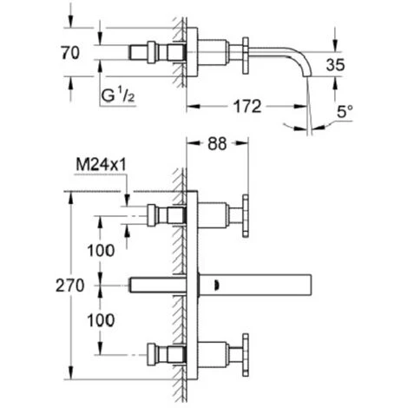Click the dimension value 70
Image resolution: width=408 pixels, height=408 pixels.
pyautogui.click(x=70, y=53)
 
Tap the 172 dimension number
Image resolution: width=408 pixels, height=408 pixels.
pyautogui.click(x=247, y=107)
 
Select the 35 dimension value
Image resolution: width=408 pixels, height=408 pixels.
pyautogui.click(x=335, y=65)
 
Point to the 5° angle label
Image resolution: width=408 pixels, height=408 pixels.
pyautogui.click(x=345, y=111)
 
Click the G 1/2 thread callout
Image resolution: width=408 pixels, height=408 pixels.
pyautogui.click(x=118, y=95)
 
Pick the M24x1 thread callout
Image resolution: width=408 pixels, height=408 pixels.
pyautogui.click(x=101, y=165)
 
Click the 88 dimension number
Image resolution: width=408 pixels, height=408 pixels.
pyautogui.click(x=217, y=143)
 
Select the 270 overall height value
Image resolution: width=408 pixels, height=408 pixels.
pyautogui.click(x=70, y=286)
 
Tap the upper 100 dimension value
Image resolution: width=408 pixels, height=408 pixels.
pyautogui.click(x=101, y=251)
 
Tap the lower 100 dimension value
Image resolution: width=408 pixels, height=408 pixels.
pyautogui.click(x=101, y=320)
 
